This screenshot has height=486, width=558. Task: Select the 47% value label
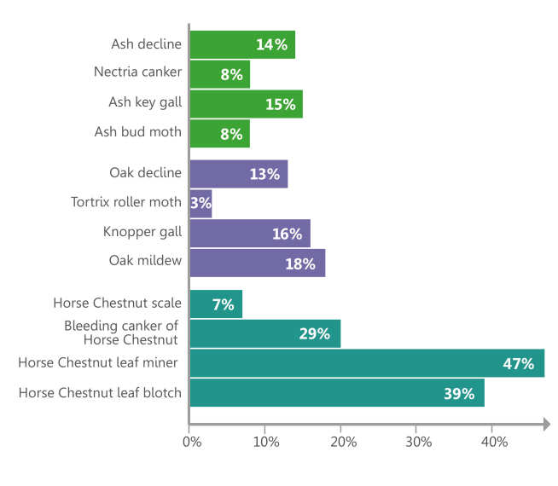point(519,364)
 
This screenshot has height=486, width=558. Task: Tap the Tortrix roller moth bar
point(201,204)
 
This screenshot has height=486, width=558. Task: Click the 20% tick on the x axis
point(341,442)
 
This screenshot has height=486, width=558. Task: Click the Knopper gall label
point(142,232)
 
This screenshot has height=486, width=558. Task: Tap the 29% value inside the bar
point(314,333)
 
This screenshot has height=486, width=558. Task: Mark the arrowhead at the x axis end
point(544,423)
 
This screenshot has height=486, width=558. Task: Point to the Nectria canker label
point(137,72)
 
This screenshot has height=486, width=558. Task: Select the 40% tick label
point(494,442)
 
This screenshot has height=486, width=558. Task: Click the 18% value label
point(299,263)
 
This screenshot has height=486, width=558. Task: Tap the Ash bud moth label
point(138,132)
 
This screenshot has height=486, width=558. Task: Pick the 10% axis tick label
point(266,442)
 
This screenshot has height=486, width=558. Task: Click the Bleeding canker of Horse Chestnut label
point(120,333)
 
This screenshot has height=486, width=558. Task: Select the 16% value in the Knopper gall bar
point(287,234)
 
